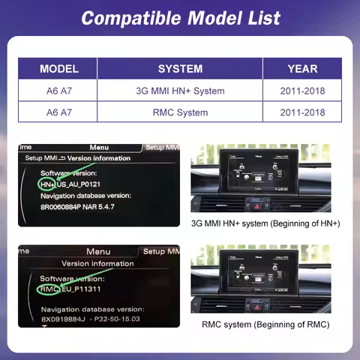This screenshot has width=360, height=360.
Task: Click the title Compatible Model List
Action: pyautogui.click(x=180, y=17)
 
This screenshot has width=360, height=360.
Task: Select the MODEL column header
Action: pyautogui.click(x=59, y=69)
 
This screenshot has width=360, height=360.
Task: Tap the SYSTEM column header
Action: pyautogui.click(x=180, y=69)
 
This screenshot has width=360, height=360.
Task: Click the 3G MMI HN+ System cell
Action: pyautogui.click(x=180, y=91)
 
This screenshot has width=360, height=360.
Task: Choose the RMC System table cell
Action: pyautogui.click(x=180, y=112)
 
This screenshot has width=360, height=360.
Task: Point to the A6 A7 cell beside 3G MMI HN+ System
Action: pyautogui.click(x=59, y=91)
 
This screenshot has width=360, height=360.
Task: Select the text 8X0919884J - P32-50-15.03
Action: pyautogui.click(x=90, y=319)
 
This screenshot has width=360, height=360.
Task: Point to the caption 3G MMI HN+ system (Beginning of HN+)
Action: pyautogui.click(x=265, y=223)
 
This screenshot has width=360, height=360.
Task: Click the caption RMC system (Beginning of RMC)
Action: pyautogui.click(x=265, y=325)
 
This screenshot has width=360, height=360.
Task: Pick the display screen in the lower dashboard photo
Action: pyautogui.click(x=258, y=271)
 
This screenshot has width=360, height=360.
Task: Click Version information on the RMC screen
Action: pyautogui.click(x=97, y=264)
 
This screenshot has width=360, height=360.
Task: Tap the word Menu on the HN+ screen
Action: pyautogui.click(x=98, y=148)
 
